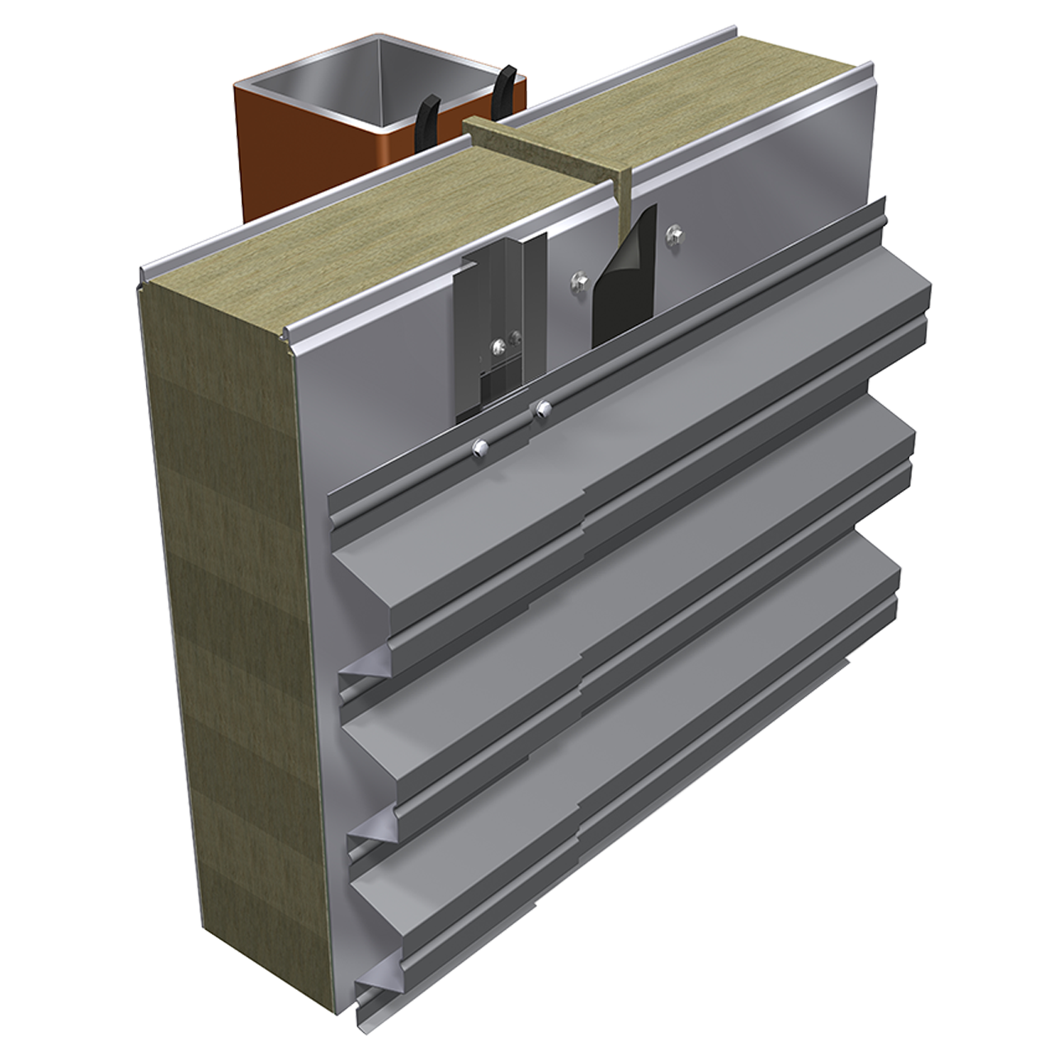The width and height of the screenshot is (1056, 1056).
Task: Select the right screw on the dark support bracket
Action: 516,336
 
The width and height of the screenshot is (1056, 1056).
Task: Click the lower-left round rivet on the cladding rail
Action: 479,446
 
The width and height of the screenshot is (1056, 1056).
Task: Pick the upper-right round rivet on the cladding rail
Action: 541,408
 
